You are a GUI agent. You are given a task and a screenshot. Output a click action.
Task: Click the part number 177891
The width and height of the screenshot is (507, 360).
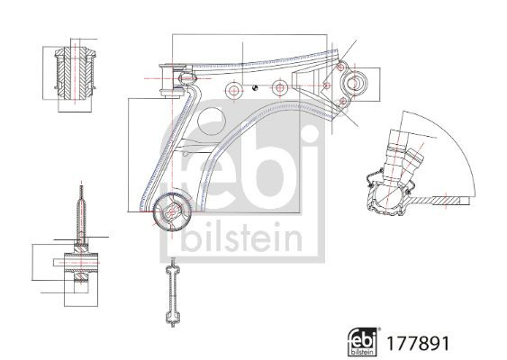pos(418,343)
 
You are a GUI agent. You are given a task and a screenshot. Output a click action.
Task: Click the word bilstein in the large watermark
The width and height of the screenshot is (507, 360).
pos(239,238)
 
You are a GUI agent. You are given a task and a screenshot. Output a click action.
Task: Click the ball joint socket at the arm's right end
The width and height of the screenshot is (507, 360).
pos(353,85)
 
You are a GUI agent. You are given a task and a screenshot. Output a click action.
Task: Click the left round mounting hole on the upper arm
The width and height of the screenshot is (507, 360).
pos(233,89)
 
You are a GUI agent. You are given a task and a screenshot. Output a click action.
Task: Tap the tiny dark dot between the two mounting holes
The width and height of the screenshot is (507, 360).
pos(257,87)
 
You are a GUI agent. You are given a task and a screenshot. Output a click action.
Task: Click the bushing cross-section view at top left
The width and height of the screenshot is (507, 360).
pos(76,74)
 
